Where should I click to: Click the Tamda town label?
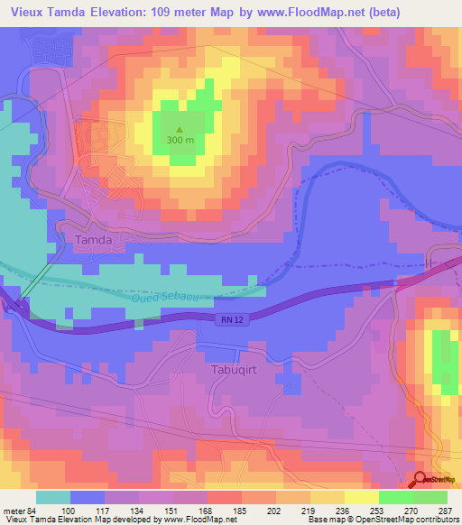pyautogui.click(x=93, y=240)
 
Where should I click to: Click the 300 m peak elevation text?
pyautogui.click(x=180, y=140)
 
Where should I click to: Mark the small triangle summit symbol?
pyautogui.click(x=179, y=128)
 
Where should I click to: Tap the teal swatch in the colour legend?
pyautogui.click(x=53, y=497)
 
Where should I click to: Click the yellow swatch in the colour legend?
pyautogui.click(x=362, y=497)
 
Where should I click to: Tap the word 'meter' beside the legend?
pyautogui.click(x=14, y=511)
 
